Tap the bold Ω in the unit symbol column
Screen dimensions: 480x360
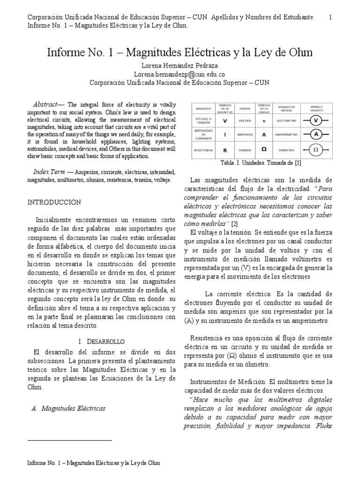pyautogui.click(x=264, y=150)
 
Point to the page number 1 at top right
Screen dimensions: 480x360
pyautogui.click(x=330, y=17)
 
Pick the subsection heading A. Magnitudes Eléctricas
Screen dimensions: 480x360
pyautogui.click(x=68, y=408)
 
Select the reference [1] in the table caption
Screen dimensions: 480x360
pyautogui.click(x=297, y=163)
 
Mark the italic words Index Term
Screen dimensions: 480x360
pyautogui.click(x=49, y=172)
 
